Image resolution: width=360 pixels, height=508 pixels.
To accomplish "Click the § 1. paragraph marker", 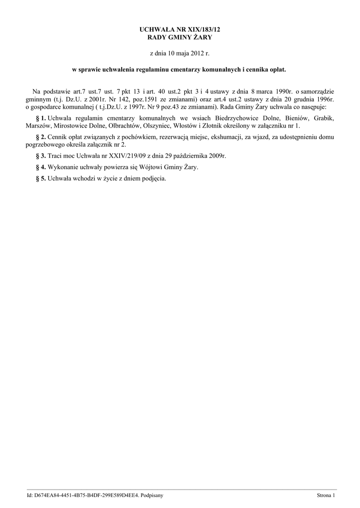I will tap(41, 119).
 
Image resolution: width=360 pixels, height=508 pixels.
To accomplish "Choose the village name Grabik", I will tap(324, 119).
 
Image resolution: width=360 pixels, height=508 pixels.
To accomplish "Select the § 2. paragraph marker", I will tap(41, 137).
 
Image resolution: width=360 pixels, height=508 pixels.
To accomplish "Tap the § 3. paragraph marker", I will tap(41, 156).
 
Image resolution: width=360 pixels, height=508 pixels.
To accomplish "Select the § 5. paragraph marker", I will tap(41, 179).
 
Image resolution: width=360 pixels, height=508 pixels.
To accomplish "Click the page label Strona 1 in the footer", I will tap(326, 495).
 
